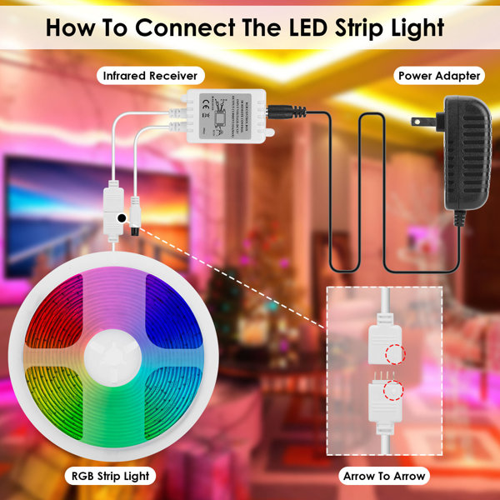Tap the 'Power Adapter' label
click(x=439, y=76)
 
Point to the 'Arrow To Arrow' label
click(x=385, y=477)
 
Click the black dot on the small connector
click(x=122, y=217)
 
